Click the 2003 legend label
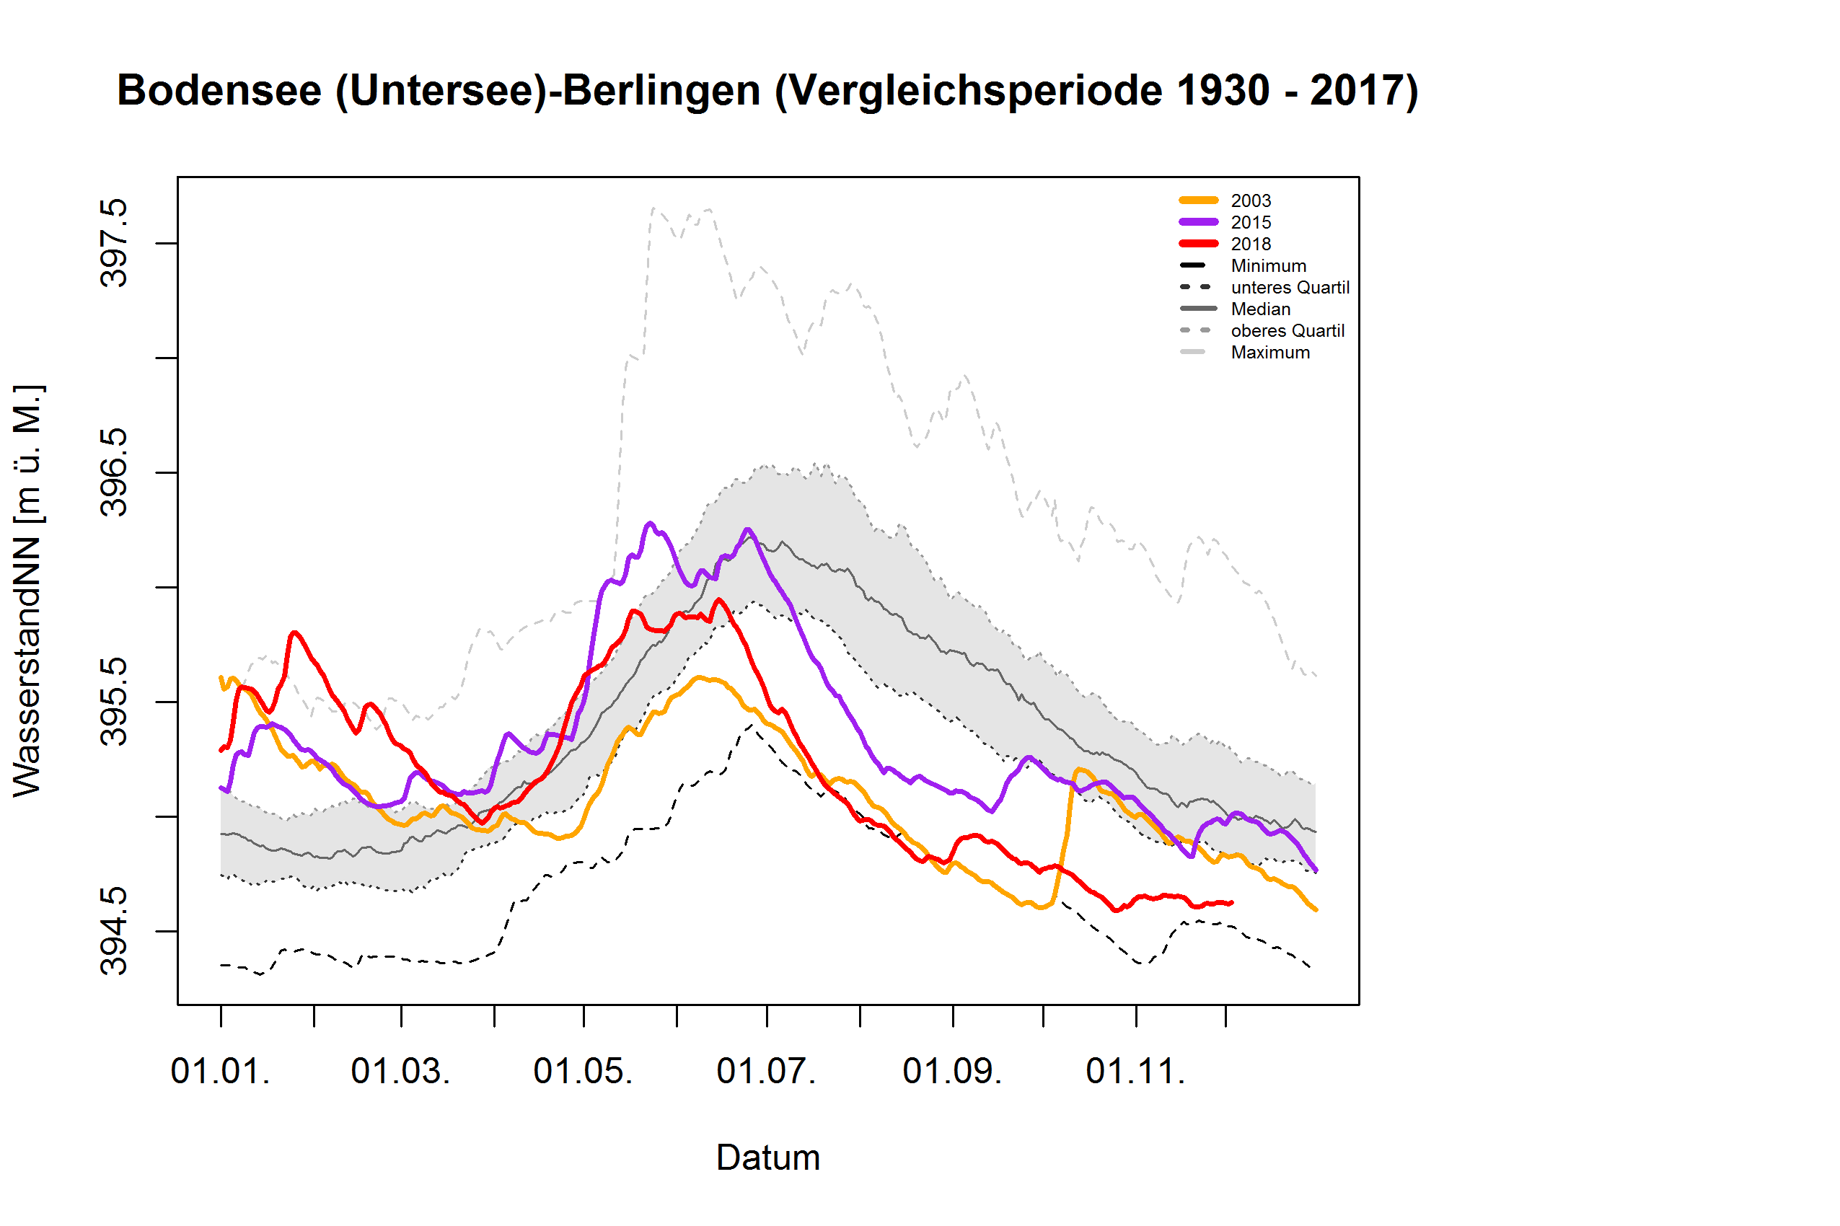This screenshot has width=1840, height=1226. click(x=1251, y=201)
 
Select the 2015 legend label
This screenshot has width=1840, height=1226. click(x=1251, y=223)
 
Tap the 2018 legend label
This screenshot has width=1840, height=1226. click(x=1251, y=244)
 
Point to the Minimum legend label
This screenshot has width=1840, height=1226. click(x=1267, y=266)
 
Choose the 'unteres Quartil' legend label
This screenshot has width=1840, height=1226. click(x=1290, y=288)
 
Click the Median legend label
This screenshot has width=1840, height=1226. click(x=1260, y=309)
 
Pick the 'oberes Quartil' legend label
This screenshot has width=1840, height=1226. click(x=1287, y=331)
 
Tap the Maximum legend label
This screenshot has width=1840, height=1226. click(x=1270, y=353)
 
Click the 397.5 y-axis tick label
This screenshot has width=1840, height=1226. click(x=114, y=243)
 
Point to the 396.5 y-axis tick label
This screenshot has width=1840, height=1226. click(x=114, y=472)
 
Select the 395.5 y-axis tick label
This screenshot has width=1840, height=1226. click(x=114, y=702)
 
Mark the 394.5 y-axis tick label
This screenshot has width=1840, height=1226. click(x=114, y=930)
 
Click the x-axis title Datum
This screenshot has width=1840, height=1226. click(x=768, y=1158)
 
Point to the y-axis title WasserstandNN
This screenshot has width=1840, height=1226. click(x=28, y=591)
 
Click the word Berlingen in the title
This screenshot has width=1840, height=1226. click(x=661, y=91)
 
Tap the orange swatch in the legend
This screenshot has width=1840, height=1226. click(x=1198, y=201)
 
